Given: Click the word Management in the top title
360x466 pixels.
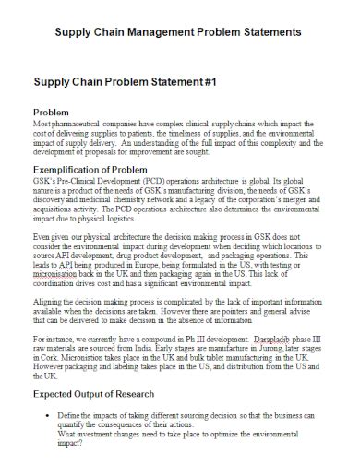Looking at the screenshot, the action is [x=171, y=32].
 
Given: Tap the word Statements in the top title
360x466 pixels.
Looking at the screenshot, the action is [x=270, y=32].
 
